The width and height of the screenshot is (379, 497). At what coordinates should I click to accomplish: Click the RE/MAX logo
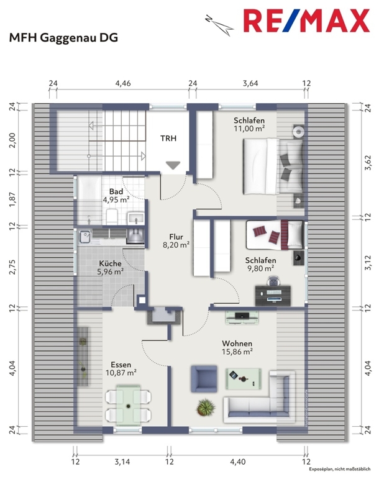[x=306, y=21]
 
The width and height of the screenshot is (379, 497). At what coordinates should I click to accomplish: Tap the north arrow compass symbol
[x=219, y=25]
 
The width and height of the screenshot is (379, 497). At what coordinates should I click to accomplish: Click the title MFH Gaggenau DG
[x=63, y=38]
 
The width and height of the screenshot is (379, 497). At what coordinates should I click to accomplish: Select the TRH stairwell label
[x=168, y=138]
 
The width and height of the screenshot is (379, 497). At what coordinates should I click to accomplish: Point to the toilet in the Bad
[x=112, y=216]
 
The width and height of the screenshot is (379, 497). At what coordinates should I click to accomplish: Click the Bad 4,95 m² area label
[x=116, y=196]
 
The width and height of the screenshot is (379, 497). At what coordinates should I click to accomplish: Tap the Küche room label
[x=110, y=263]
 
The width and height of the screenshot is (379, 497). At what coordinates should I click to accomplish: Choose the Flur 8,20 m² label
[x=176, y=240]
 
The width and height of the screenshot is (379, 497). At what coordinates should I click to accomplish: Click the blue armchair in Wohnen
[x=204, y=378]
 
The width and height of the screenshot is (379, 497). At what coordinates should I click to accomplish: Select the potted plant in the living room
[x=206, y=407]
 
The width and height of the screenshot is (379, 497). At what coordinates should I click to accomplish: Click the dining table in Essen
[x=128, y=406]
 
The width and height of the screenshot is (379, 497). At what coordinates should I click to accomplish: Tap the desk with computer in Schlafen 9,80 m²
[x=273, y=296]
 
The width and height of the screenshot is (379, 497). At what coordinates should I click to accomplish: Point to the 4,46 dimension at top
[x=123, y=83]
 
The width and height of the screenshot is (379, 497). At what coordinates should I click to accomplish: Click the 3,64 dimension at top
[x=250, y=83]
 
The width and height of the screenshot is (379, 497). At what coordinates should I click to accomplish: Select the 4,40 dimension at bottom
[x=238, y=462]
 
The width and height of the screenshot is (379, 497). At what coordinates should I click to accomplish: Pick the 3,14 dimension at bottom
[x=122, y=462]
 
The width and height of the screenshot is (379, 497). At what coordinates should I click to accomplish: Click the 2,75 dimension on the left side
[x=12, y=267]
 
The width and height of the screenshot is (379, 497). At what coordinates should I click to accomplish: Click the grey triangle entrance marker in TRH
[x=173, y=165]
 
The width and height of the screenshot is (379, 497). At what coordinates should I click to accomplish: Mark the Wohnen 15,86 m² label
[x=237, y=347]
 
